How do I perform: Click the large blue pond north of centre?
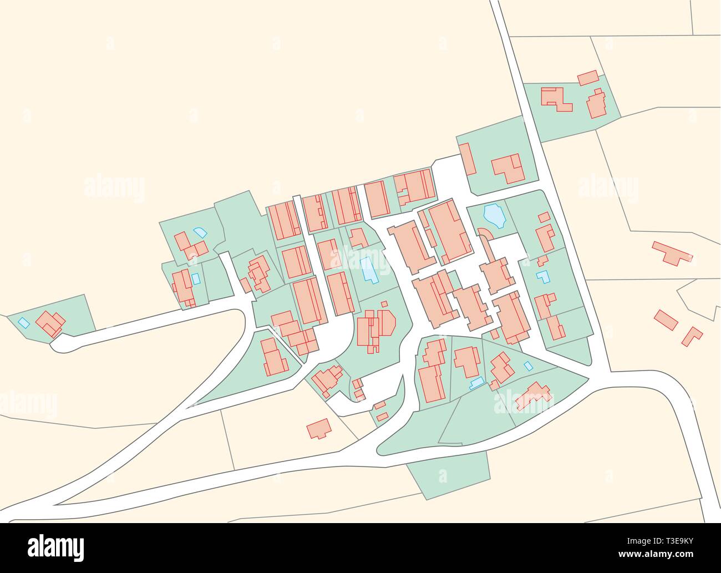493,216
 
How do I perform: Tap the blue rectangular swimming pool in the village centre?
368,270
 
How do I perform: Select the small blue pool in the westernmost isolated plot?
23,322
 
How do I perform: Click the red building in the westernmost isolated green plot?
50,324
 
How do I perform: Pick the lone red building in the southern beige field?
319,428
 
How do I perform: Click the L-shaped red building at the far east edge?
693,336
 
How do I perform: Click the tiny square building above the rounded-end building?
384,304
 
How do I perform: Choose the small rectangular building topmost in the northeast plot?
587,78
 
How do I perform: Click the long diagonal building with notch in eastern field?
672,253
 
